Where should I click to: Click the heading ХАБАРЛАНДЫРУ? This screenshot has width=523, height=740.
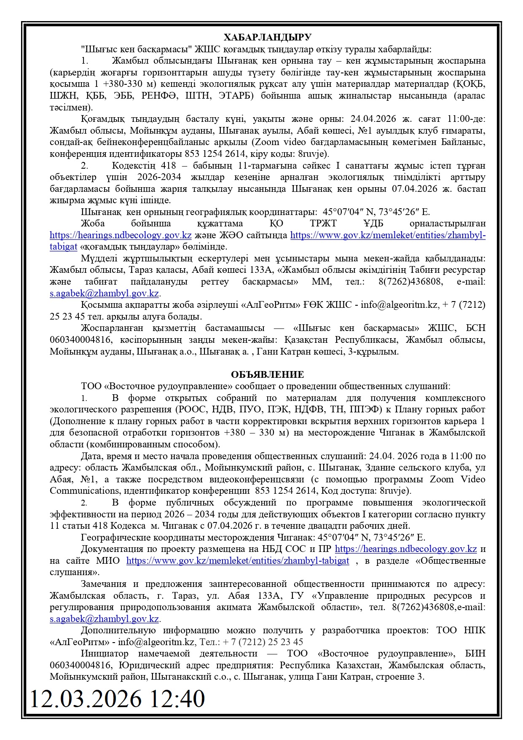(x=267, y=37)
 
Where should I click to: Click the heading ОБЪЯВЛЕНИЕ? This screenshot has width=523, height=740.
(x=267, y=374)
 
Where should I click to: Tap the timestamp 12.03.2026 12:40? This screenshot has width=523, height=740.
(x=117, y=699)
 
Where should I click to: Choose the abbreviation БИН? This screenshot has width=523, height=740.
(x=475, y=654)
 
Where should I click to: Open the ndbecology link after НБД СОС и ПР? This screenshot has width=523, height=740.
(x=406, y=549)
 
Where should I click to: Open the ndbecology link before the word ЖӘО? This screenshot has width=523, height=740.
(x=121, y=235)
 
